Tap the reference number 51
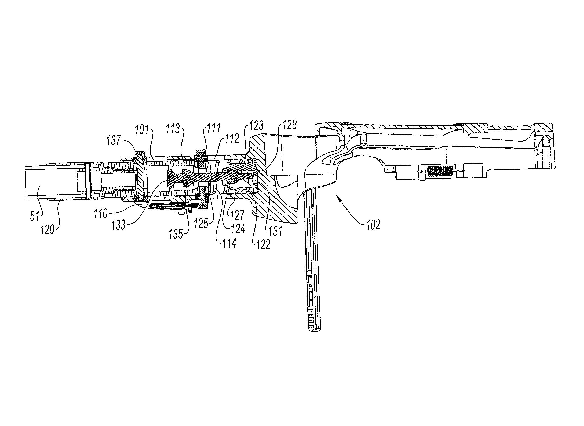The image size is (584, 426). click(35, 216)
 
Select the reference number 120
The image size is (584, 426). click(47, 229)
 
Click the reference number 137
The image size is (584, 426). click(114, 140)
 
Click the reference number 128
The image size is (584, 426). click(290, 125)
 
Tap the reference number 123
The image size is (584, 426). click(257, 126)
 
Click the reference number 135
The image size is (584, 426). click(176, 234)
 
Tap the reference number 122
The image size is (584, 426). click(263, 245)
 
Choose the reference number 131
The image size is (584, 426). click(276, 231)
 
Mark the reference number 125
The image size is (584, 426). click(201, 224)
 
